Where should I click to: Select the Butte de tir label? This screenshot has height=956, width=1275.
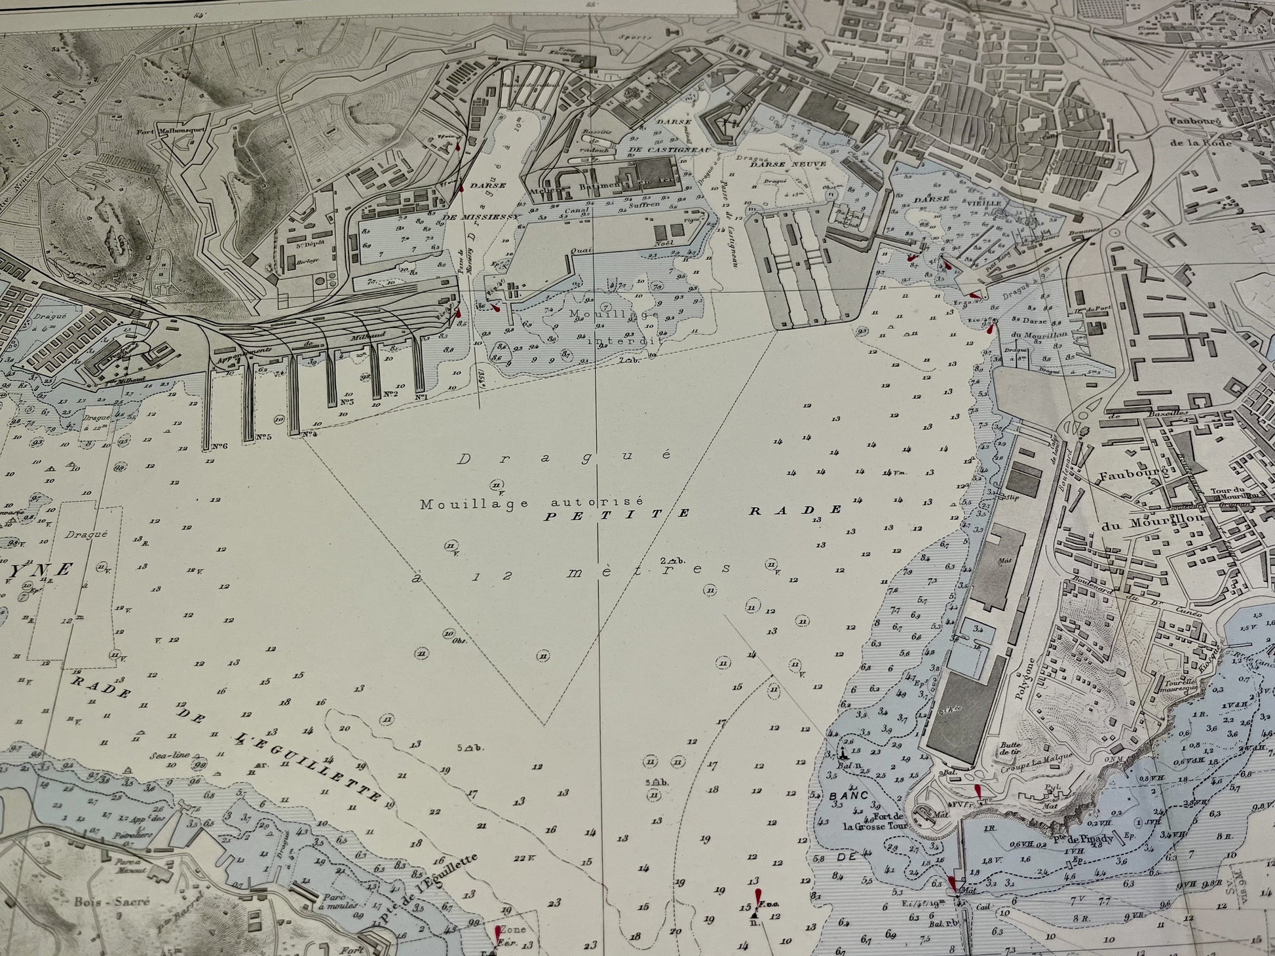(1011, 748)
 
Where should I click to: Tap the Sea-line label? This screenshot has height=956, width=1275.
(170, 754)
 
